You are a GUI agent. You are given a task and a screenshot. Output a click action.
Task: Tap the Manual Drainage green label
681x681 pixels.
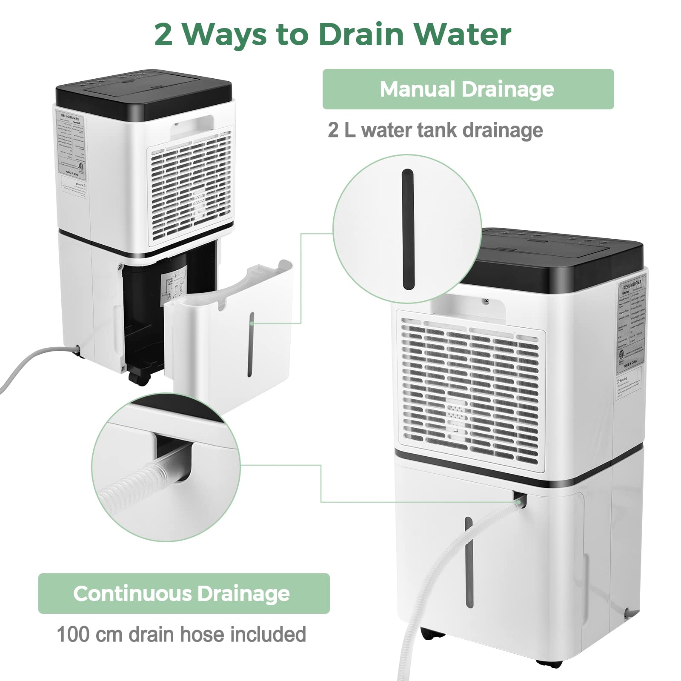coord(467,89)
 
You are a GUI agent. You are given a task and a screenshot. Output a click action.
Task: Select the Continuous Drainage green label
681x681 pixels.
coord(183,593)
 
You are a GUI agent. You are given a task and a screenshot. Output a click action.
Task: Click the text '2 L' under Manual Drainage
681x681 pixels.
coord(341,130)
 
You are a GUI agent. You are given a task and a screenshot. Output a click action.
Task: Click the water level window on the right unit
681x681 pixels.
coord(469,562)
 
